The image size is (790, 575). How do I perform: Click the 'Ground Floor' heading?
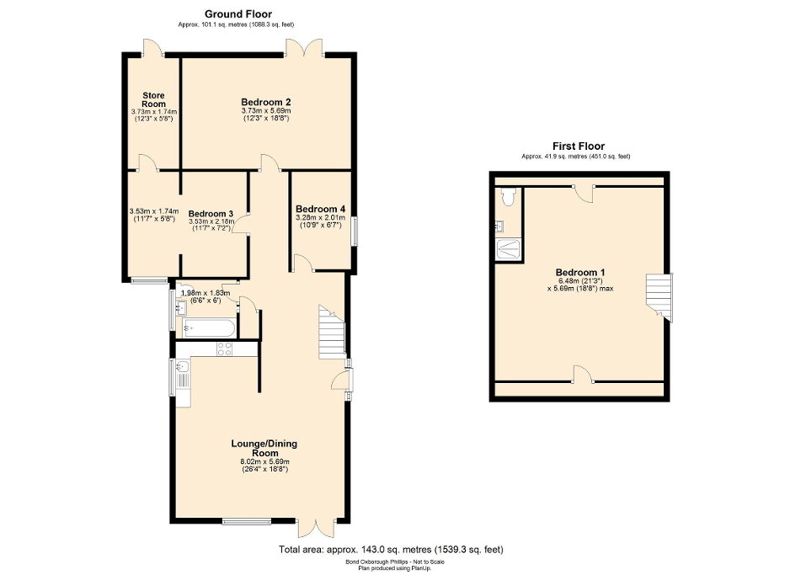point(238,14)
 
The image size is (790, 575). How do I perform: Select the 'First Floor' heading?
point(578,146)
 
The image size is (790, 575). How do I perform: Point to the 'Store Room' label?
point(153,99)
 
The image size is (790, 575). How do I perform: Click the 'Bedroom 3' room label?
point(211,214)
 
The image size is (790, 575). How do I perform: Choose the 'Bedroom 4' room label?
point(320,209)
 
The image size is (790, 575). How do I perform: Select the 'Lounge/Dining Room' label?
point(265,448)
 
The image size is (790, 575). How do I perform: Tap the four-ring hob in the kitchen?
point(226,349)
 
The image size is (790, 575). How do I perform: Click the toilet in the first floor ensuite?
point(507,198)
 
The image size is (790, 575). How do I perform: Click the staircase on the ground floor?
point(330,323)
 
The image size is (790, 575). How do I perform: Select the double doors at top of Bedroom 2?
point(305,49)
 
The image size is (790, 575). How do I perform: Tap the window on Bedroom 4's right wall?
point(353,232)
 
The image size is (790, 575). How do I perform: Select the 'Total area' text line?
point(391,550)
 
